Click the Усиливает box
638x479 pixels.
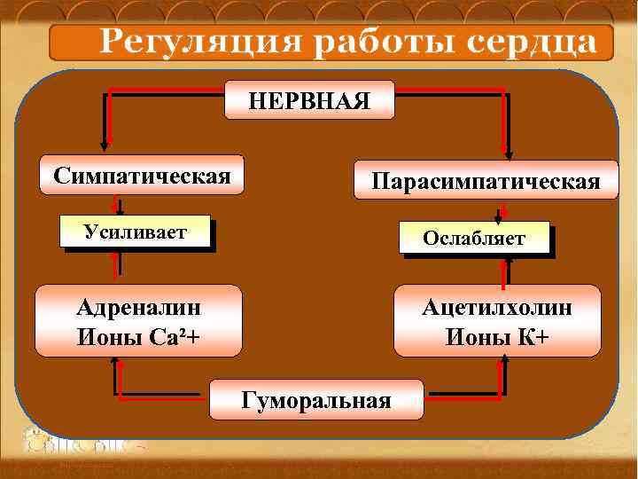pyautogui.click(x=136, y=232)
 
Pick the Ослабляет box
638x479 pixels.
pyautogui.click(x=474, y=238)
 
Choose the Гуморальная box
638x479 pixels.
pyautogui.click(x=315, y=400)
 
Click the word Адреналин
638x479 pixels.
pyautogui.click(x=138, y=308)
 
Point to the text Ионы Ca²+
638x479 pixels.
pyautogui.click(x=138, y=336)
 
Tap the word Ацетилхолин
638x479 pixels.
pyautogui.click(x=497, y=308)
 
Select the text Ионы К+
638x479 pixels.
pyautogui.click(x=497, y=336)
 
